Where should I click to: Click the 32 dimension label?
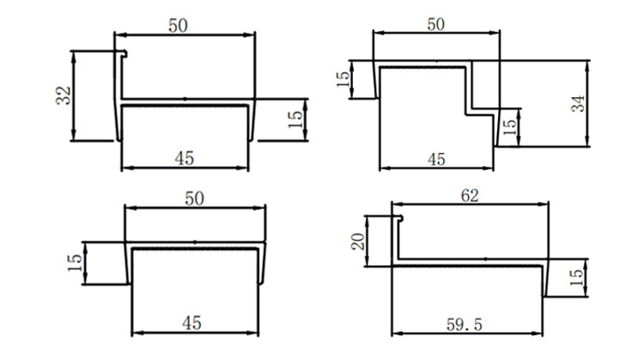pos(64,95)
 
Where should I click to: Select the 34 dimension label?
pos(578,104)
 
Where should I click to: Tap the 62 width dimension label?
pos(470,196)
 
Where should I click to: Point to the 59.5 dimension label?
pos(465,325)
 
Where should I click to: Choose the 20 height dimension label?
pos(358,241)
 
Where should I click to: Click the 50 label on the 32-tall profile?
pos(178,26)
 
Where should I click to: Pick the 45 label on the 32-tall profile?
pos(184,158)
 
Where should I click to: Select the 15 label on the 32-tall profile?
pos(295,119)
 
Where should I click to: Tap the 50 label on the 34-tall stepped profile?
pos(435,24)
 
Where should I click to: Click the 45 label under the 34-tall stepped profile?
pos(436,159)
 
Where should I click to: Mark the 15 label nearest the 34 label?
pos(509,127)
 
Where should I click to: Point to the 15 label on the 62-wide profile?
pos(576,278)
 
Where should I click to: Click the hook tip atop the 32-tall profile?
pos(125,54)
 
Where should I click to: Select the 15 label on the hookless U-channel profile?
pos(75,263)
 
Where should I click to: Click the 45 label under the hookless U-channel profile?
pos(191,323)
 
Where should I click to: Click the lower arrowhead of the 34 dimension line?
pos(587,142)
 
